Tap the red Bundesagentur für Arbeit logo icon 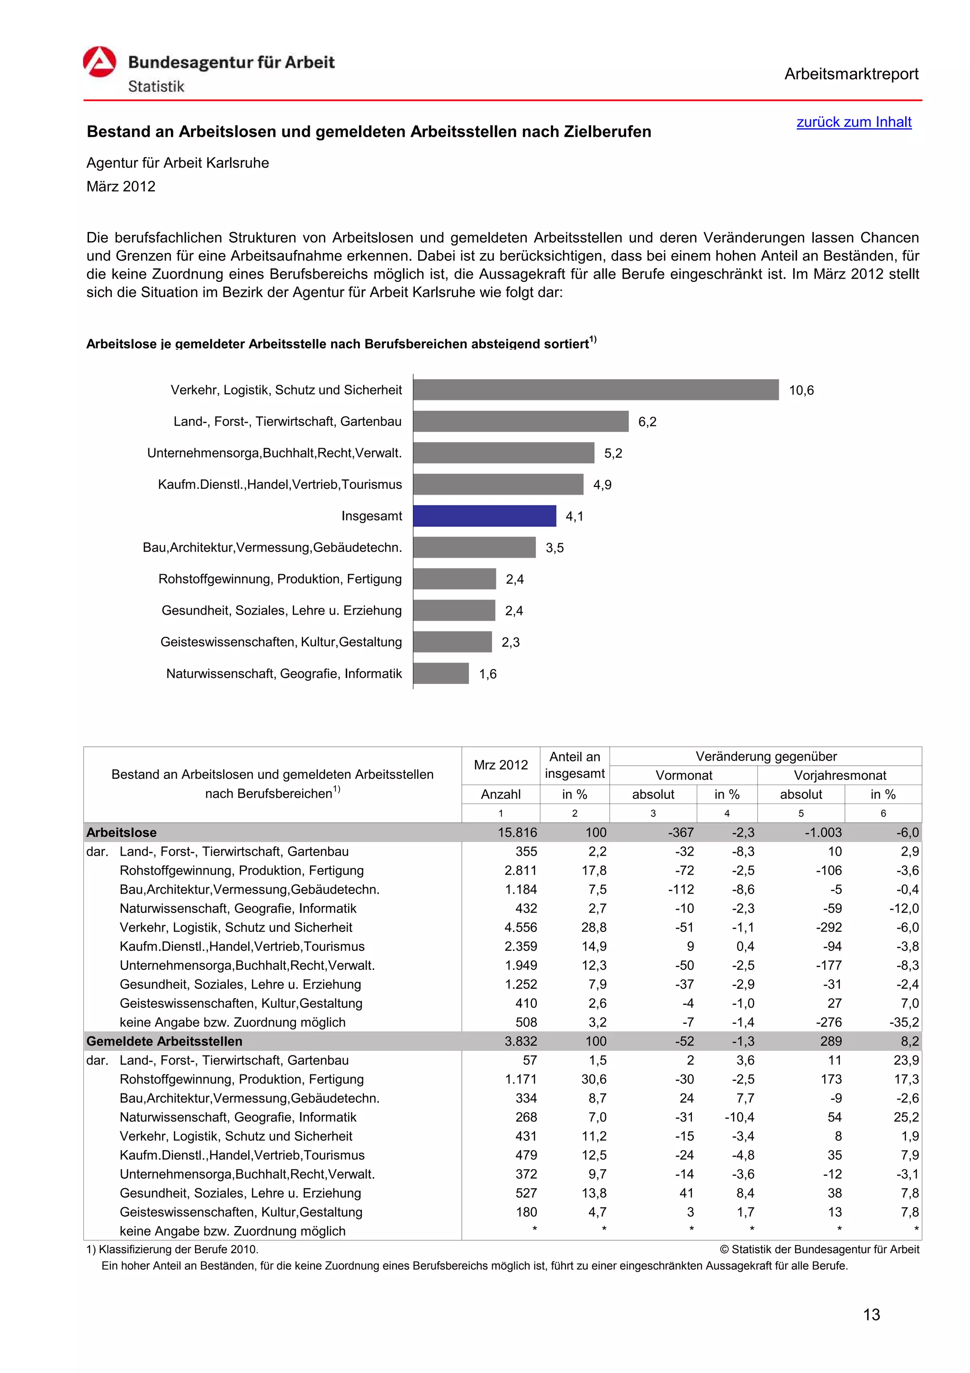pyautogui.click(x=99, y=62)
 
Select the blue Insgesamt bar pyautogui.click(x=484, y=515)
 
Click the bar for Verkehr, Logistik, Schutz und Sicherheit pyautogui.click(x=595, y=389)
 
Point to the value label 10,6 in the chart pyautogui.click(x=801, y=390)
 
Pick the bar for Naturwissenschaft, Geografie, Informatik pyautogui.click(x=440, y=673)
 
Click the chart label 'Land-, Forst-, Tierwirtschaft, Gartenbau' pyautogui.click(x=287, y=422)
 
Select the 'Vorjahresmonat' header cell pyautogui.click(x=839, y=775)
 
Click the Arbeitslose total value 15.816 pyautogui.click(x=517, y=832)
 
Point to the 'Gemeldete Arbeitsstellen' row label pyautogui.click(x=164, y=1041)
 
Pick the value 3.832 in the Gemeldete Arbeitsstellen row pyautogui.click(x=521, y=1041)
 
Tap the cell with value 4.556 pyautogui.click(x=521, y=928)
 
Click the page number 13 pyautogui.click(x=871, y=1314)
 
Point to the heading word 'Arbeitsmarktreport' pyautogui.click(x=851, y=74)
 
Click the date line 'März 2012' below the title pyautogui.click(x=121, y=187)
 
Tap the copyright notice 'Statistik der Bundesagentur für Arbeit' pyautogui.click(x=824, y=1249)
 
